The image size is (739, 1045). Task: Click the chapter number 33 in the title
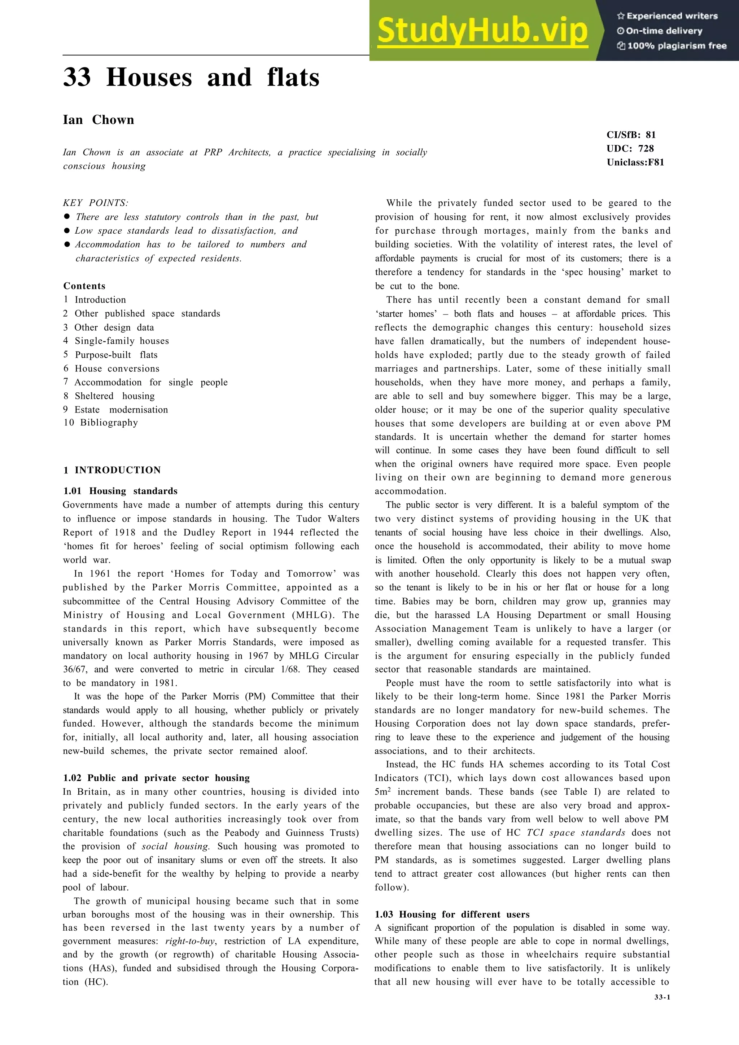click(x=77, y=78)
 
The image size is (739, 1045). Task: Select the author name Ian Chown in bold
click(x=99, y=120)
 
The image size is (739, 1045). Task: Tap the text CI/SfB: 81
click(x=631, y=135)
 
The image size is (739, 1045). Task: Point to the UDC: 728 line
click(x=630, y=148)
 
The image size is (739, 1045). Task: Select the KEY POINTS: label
click(x=96, y=203)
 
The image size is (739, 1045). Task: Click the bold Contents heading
click(x=84, y=286)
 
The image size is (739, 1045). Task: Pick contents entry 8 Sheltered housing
click(x=109, y=396)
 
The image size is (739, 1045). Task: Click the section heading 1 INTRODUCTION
click(x=112, y=470)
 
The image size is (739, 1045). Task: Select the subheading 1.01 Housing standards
click(x=120, y=491)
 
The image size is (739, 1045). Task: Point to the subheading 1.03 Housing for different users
click(x=452, y=914)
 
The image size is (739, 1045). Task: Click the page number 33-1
click(x=662, y=997)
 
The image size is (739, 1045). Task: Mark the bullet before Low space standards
click(x=67, y=231)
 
